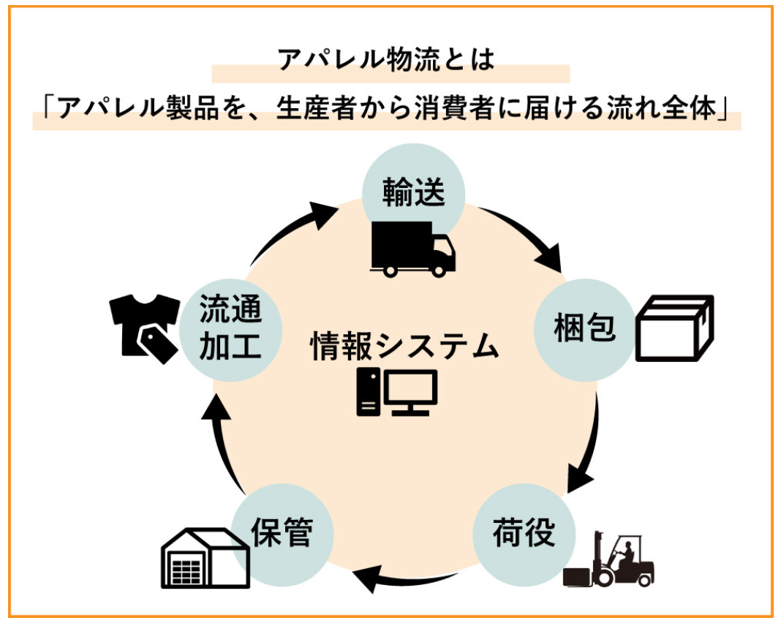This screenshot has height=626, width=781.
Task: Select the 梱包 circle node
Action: tap(586, 328)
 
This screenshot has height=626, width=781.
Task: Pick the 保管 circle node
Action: tap(282, 532)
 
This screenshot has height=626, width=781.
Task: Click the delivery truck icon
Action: tap(413, 249)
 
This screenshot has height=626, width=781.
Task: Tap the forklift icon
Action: tap(610, 560)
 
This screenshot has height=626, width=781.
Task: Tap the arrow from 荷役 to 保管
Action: tap(407, 578)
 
